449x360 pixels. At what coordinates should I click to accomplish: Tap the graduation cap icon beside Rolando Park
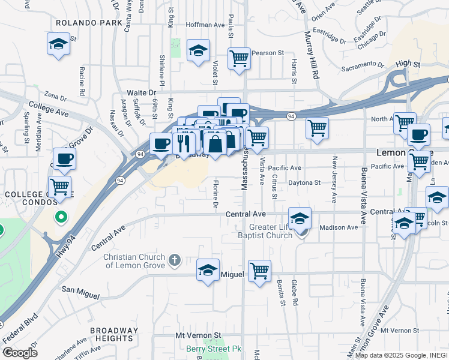point(58,44)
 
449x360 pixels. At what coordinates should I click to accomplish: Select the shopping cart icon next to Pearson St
point(239,58)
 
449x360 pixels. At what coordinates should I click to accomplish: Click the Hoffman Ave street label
point(205,25)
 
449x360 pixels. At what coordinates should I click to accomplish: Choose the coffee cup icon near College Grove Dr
point(64,159)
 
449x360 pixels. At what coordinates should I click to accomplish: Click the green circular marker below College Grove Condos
point(60,217)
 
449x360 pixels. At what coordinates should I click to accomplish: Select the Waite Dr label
point(141,92)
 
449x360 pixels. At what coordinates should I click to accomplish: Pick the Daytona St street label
point(304,182)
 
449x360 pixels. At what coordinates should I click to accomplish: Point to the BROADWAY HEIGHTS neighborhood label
point(114,334)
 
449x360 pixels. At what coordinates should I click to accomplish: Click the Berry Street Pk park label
point(213,349)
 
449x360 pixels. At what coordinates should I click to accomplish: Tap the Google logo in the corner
point(20,353)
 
